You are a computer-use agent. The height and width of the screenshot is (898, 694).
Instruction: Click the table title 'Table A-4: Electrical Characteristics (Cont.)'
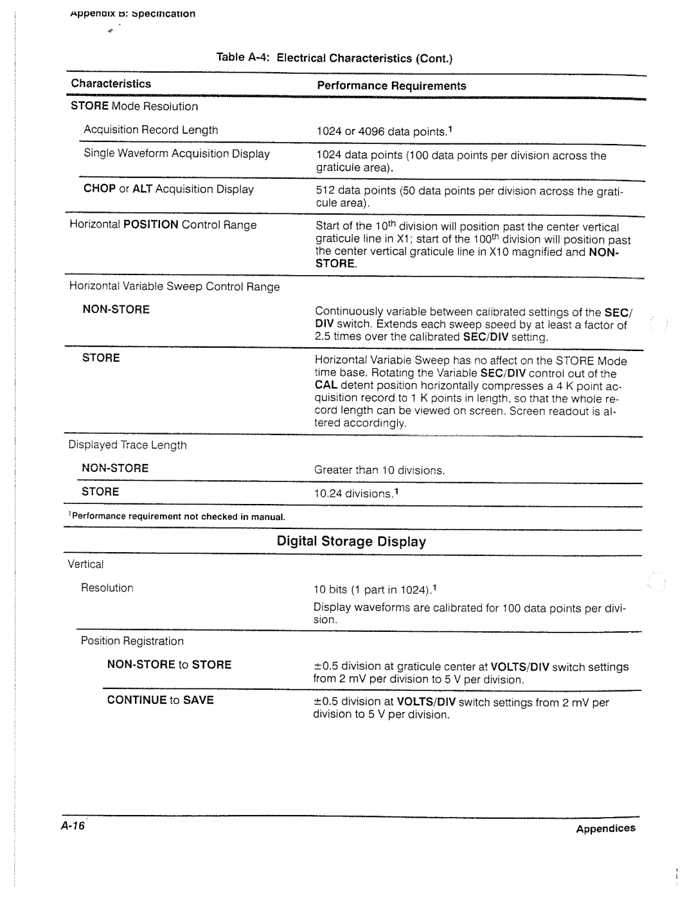pyautogui.click(x=335, y=58)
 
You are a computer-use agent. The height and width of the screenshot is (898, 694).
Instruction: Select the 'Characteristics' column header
pyautogui.click(x=111, y=84)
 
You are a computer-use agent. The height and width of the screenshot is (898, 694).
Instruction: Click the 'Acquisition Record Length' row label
pyautogui.click(x=151, y=130)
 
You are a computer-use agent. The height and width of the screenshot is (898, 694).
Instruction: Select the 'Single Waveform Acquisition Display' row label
pyautogui.click(x=177, y=154)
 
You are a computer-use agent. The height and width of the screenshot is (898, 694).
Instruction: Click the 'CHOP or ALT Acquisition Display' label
pyautogui.click(x=168, y=189)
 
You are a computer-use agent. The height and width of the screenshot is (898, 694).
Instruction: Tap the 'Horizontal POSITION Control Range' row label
pyautogui.click(x=163, y=225)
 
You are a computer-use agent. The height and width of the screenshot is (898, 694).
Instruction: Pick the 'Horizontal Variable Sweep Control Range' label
pyautogui.click(x=175, y=287)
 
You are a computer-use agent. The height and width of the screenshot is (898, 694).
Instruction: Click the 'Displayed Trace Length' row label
pyautogui.click(x=128, y=445)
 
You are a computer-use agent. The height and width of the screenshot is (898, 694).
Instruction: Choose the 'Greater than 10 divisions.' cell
pyautogui.click(x=379, y=471)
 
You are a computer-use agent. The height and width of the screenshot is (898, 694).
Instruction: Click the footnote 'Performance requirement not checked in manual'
pyautogui.click(x=177, y=517)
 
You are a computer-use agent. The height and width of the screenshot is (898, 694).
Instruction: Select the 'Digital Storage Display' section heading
pyautogui.click(x=351, y=542)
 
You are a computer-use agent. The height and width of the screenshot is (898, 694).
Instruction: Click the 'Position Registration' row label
pyautogui.click(x=132, y=641)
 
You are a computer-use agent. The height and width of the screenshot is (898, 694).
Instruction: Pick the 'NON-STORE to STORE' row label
pyautogui.click(x=169, y=665)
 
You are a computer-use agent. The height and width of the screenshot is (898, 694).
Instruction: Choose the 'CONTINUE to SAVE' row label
pyautogui.click(x=160, y=700)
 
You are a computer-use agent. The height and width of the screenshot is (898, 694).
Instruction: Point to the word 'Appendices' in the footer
pyautogui.click(x=605, y=829)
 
